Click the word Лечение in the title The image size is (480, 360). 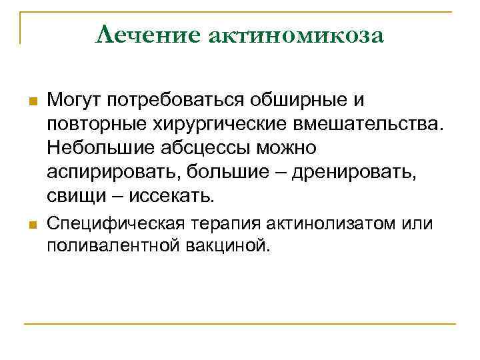(x=147, y=34)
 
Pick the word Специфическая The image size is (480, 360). (x=109, y=223)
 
